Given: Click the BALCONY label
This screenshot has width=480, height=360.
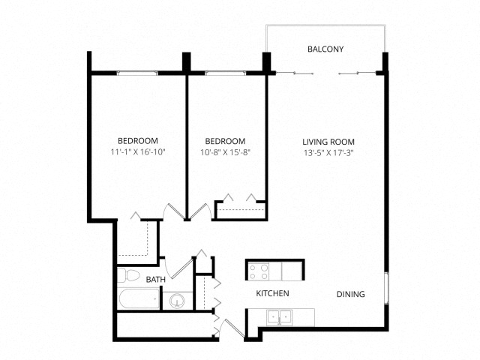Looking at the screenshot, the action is click(325, 49).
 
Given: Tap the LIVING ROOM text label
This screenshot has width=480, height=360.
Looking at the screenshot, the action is click(328, 142).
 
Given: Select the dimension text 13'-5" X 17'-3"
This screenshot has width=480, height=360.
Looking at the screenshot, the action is click(328, 153).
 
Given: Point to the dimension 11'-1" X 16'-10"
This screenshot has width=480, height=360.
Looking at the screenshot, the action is click(138, 151).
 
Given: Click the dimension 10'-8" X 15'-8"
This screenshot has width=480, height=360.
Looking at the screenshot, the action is click(225, 152).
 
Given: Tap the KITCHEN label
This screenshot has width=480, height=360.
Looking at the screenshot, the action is click(272, 293).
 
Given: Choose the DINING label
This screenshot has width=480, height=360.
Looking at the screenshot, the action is click(351, 294).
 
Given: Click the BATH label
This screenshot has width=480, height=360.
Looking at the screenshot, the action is click(156, 280).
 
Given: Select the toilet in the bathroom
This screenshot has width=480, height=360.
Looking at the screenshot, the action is click(128, 275).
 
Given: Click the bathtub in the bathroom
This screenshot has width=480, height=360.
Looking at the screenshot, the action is click(139, 298).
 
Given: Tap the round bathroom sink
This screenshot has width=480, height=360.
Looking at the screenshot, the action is click(177, 300).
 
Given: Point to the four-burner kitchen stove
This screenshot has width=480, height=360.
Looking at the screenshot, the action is click(259, 271).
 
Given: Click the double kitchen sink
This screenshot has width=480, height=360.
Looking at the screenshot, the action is click(279, 317).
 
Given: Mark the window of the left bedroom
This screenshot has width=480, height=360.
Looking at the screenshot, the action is click(137, 73).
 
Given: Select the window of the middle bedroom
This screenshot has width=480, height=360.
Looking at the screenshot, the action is click(225, 73).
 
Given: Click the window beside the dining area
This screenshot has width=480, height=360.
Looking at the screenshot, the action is click(387, 288).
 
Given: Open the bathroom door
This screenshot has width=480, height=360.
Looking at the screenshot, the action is click(181, 269).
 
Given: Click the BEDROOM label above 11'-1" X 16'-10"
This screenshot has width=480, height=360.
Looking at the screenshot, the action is click(138, 141).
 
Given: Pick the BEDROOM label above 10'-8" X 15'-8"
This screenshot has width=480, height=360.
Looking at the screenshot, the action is click(225, 142).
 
